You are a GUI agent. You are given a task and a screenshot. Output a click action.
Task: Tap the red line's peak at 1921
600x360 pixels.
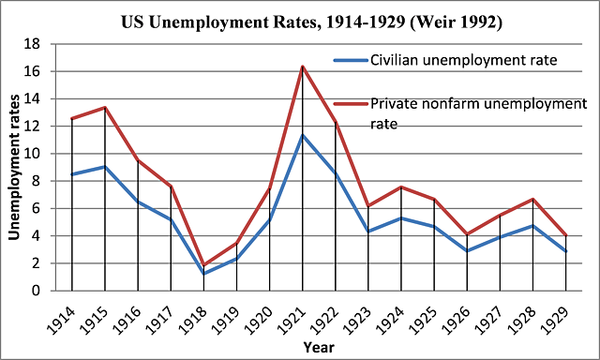[303, 66]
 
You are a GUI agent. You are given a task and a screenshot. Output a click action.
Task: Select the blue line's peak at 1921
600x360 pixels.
[303, 135]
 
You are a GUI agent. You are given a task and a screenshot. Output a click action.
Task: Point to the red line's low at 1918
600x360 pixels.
[204, 265]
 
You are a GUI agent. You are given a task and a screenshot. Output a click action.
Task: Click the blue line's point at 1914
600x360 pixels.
[71, 174]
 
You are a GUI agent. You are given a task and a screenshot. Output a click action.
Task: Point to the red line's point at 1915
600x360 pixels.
[105, 108]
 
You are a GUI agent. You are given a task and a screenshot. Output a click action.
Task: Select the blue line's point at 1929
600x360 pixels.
[566, 251]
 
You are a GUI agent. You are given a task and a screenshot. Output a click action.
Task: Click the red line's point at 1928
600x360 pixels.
[533, 199]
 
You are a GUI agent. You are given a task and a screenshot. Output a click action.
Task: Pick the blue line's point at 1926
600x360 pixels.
[468, 251]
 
